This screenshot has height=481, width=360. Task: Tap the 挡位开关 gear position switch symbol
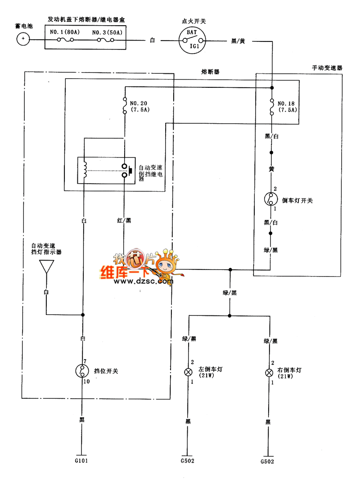(x=82, y=371)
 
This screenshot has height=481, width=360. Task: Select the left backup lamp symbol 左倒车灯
(x=188, y=372)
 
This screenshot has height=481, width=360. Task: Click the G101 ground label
(x=82, y=461)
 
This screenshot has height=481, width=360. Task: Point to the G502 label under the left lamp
(x=188, y=461)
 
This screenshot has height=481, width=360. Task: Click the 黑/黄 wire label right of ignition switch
(x=238, y=40)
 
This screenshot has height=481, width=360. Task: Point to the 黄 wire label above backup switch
(x=271, y=169)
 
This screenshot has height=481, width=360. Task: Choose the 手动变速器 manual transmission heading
(x=327, y=67)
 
